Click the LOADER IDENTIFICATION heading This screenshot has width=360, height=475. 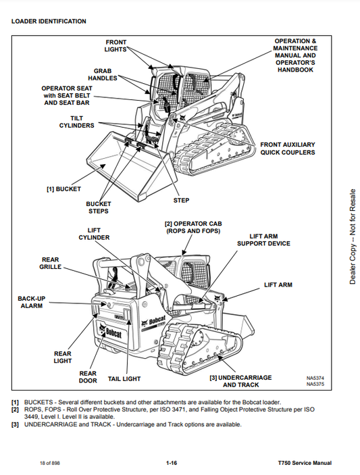49,22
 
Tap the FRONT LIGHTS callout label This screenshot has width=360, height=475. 115,46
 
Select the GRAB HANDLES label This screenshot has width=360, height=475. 103,74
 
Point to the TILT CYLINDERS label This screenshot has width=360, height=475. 76,122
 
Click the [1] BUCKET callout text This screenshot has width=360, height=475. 64,189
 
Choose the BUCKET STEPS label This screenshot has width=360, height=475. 99,207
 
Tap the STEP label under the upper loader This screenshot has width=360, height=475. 182,201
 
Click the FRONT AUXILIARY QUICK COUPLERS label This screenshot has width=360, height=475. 288,149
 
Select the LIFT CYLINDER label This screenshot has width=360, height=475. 94,234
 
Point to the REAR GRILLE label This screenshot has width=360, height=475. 50,264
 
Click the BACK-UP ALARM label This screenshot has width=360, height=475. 32,302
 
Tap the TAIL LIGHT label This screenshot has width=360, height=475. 124,379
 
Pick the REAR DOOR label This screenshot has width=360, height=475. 88,377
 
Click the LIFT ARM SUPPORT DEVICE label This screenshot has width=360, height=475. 263,240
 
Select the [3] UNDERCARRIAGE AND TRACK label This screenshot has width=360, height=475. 240,381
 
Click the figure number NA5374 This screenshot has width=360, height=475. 315,378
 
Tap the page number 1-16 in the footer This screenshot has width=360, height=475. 172,463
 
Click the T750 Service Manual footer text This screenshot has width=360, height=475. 305,463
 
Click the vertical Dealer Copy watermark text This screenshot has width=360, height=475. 353,236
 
